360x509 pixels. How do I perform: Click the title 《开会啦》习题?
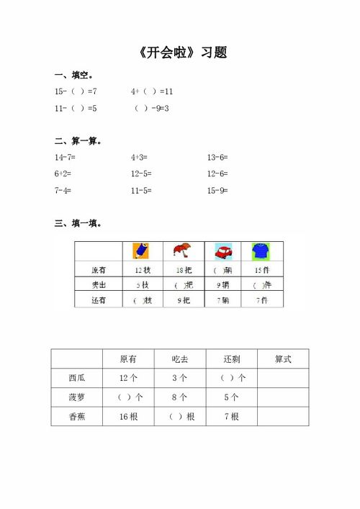(181, 53)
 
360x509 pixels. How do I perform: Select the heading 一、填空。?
(74, 76)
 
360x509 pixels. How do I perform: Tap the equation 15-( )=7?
(76, 92)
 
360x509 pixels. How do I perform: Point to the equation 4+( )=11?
(152, 92)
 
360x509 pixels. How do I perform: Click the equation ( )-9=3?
(152, 109)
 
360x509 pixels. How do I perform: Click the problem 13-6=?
(217, 157)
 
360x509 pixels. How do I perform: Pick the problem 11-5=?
(141, 191)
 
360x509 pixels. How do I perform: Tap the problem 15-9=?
(217, 191)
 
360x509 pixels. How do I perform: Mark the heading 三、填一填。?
(78, 223)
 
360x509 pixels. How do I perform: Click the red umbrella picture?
(181, 251)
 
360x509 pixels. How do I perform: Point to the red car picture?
(223, 252)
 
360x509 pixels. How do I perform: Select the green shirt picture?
(261, 251)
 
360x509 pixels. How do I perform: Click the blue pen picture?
(141, 251)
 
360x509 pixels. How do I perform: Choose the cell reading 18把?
(183, 270)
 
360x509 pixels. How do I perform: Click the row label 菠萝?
(76, 397)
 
